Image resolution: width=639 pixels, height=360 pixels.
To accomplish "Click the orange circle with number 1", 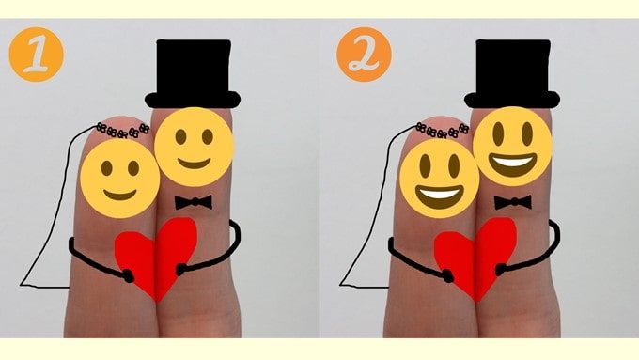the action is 37,55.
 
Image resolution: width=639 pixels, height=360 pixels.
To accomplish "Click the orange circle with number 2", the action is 364,55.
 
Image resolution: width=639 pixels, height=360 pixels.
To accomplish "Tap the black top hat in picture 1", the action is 193,74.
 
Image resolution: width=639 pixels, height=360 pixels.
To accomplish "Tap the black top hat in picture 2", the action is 512,74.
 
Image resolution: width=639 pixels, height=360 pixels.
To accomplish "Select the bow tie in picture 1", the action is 194,202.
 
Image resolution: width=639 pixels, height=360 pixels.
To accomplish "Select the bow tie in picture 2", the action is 513,202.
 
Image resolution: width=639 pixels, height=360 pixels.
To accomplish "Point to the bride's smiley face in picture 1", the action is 120,179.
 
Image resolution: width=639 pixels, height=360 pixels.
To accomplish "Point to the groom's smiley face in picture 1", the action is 194,147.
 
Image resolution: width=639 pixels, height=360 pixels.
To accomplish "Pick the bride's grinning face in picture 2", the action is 440,179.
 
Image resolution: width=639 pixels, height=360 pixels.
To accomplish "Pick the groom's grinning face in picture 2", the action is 513,147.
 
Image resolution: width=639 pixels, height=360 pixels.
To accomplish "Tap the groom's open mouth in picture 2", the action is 512,164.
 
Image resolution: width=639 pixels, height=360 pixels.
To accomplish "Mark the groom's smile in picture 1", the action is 194,164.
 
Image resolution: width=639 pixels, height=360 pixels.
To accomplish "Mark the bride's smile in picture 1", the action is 120,195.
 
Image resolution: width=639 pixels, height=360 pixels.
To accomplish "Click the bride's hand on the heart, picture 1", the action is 128,276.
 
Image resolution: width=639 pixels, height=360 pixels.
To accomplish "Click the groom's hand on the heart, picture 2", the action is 500,270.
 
